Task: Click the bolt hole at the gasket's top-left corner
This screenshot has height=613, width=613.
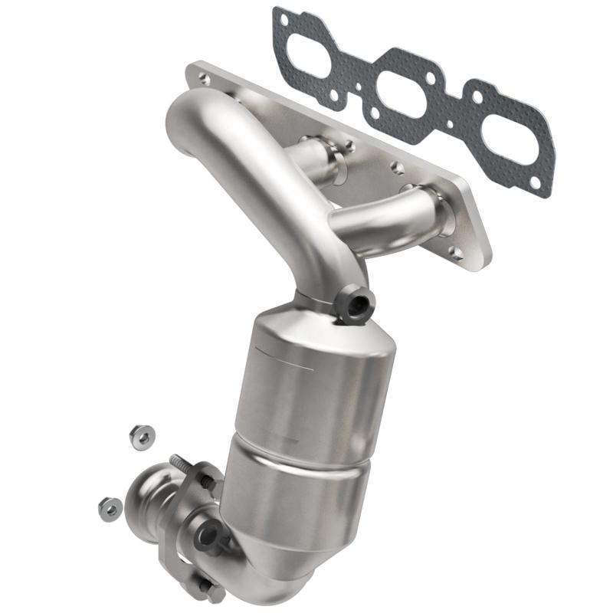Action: [284, 15]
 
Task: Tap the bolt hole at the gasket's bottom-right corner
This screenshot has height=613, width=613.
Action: [543, 184]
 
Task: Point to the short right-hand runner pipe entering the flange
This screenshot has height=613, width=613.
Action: [383, 218]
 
